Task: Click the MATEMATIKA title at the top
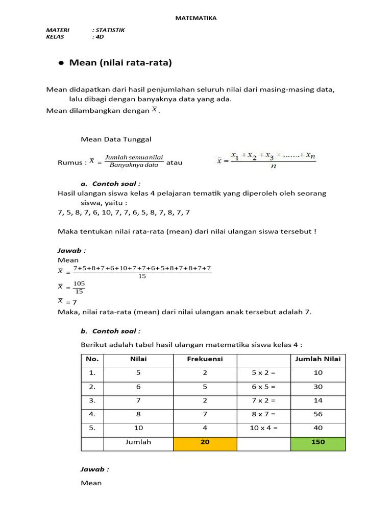(x=196, y=18)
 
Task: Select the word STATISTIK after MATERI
(x=108, y=30)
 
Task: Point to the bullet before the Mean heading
(x=61, y=63)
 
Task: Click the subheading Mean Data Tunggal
(x=116, y=139)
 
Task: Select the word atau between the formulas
(x=175, y=163)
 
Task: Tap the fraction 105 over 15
(x=79, y=287)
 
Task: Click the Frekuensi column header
(x=205, y=359)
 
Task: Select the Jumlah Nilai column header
(x=318, y=359)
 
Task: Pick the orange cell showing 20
(x=205, y=442)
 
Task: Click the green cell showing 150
(x=318, y=442)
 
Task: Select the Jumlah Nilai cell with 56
(x=318, y=414)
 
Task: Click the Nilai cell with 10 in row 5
(x=138, y=428)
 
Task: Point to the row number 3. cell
(x=92, y=400)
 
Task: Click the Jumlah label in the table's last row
(x=138, y=442)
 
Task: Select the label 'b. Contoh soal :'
(x=111, y=331)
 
